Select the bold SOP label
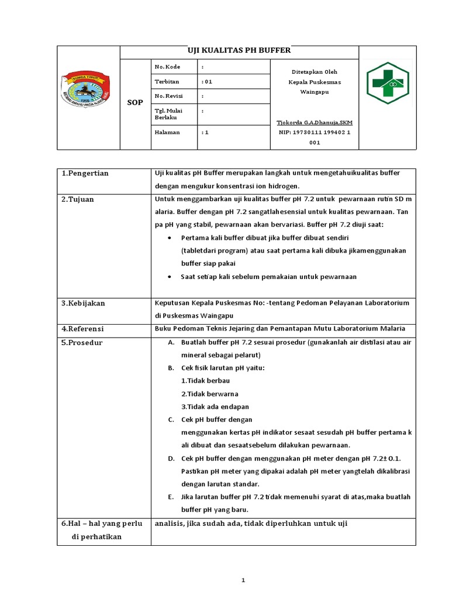[134, 102]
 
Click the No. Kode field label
[167, 67]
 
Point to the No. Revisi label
[168, 96]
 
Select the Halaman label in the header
[167, 132]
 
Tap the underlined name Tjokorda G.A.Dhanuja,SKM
[315, 123]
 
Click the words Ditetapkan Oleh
[315, 71]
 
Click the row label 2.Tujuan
[78, 199]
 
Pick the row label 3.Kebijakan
[84, 304]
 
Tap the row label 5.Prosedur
[82, 343]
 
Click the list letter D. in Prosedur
[171, 458]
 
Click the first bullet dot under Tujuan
[170, 239]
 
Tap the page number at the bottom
[243, 580]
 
